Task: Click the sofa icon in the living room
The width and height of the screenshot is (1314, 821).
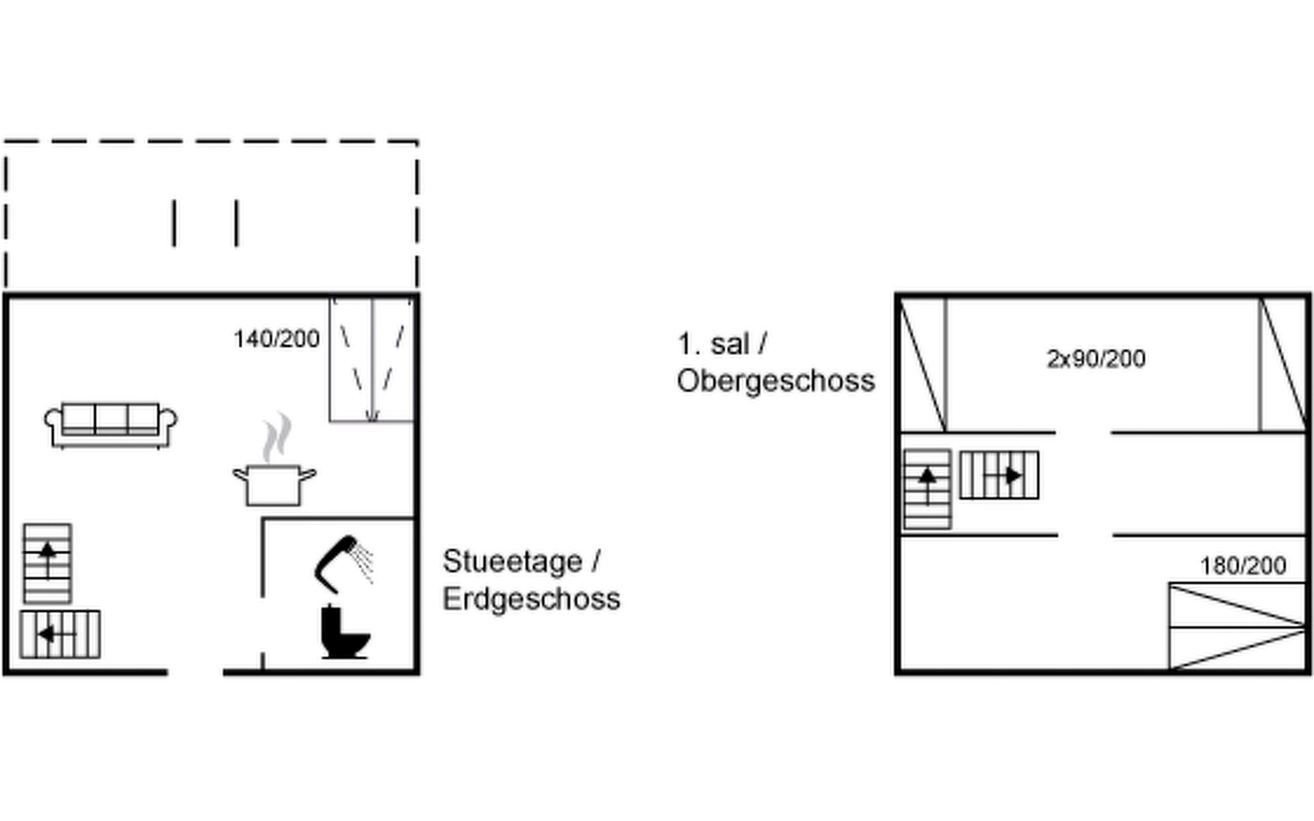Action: (110, 425)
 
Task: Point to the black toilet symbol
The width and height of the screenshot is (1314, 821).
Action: (344, 632)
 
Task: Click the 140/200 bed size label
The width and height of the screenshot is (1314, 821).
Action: (276, 339)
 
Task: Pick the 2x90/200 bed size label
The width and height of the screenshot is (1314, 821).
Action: (1096, 359)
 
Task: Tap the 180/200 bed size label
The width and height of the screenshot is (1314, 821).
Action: (1243, 566)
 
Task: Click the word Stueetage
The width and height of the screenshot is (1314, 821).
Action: (513, 562)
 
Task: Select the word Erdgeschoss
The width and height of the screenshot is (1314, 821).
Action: (532, 599)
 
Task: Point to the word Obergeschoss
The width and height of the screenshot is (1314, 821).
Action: (776, 381)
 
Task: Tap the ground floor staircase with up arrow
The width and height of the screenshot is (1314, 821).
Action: (47, 564)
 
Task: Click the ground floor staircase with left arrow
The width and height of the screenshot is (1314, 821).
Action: (60, 634)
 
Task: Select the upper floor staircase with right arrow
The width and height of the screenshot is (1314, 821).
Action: (999, 475)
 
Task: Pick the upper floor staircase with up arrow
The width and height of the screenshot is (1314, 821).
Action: (927, 489)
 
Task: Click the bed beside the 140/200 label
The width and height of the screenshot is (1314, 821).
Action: (372, 360)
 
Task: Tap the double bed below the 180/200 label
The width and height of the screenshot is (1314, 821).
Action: (1237, 626)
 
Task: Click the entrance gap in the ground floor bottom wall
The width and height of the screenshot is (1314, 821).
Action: (196, 673)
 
